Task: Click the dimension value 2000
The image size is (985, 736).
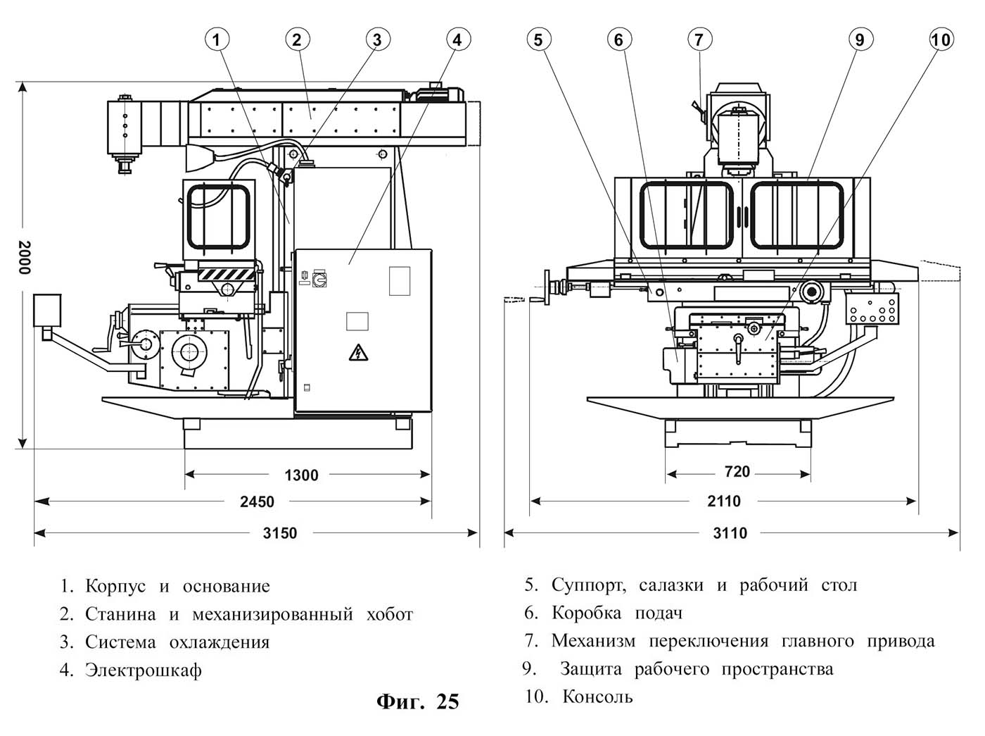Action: pyautogui.click(x=24, y=257)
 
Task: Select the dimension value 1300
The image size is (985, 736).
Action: pyautogui.click(x=301, y=475)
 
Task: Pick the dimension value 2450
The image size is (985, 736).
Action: pyautogui.click(x=257, y=501)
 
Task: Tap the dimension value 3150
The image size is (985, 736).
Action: pyautogui.click(x=280, y=533)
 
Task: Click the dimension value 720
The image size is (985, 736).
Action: pyautogui.click(x=737, y=471)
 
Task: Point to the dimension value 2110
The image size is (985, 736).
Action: pyautogui.click(x=724, y=501)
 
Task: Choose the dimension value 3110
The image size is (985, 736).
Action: pyautogui.click(x=730, y=533)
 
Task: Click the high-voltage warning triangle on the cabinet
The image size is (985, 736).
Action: pyautogui.click(x=358, y=353)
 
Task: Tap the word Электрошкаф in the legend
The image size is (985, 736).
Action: pyautogui.click(x=143, y=670)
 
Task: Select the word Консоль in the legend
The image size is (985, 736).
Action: pyautogui.click(x=598, y=697)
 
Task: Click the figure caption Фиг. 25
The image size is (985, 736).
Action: pyautogui.click(x=418, y=701)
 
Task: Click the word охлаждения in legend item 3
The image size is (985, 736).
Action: pyautogui.click(x=220, y=642)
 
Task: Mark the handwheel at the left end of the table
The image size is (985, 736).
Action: pyautogui.click(x=547, y=288)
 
